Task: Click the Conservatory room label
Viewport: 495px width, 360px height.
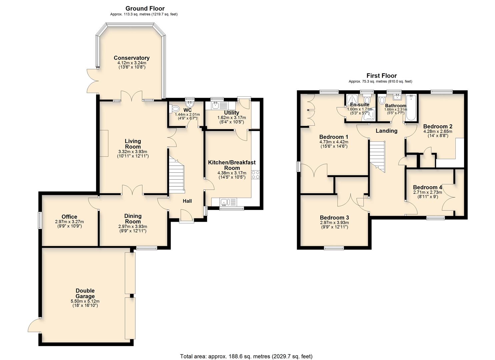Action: click(131, 58)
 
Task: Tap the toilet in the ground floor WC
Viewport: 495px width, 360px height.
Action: click(174, 109)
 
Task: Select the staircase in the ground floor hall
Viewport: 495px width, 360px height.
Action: click(177, 175)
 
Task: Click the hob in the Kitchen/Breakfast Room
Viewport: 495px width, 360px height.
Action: click(256, 175)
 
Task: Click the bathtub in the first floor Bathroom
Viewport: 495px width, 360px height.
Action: click(411, 108)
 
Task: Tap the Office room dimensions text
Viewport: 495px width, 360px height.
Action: click(69, 224)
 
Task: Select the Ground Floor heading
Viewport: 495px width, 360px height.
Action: click(145, 8)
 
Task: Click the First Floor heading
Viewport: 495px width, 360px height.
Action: click(382, 76)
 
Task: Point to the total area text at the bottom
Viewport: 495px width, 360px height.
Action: click(246, 356)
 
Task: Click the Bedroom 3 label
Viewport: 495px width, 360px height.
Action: click(334, 218)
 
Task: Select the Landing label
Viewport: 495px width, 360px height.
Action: click(386, 131)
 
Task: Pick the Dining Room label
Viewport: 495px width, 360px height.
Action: click(133, 219)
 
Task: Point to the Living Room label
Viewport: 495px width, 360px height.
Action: click(133, 144)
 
